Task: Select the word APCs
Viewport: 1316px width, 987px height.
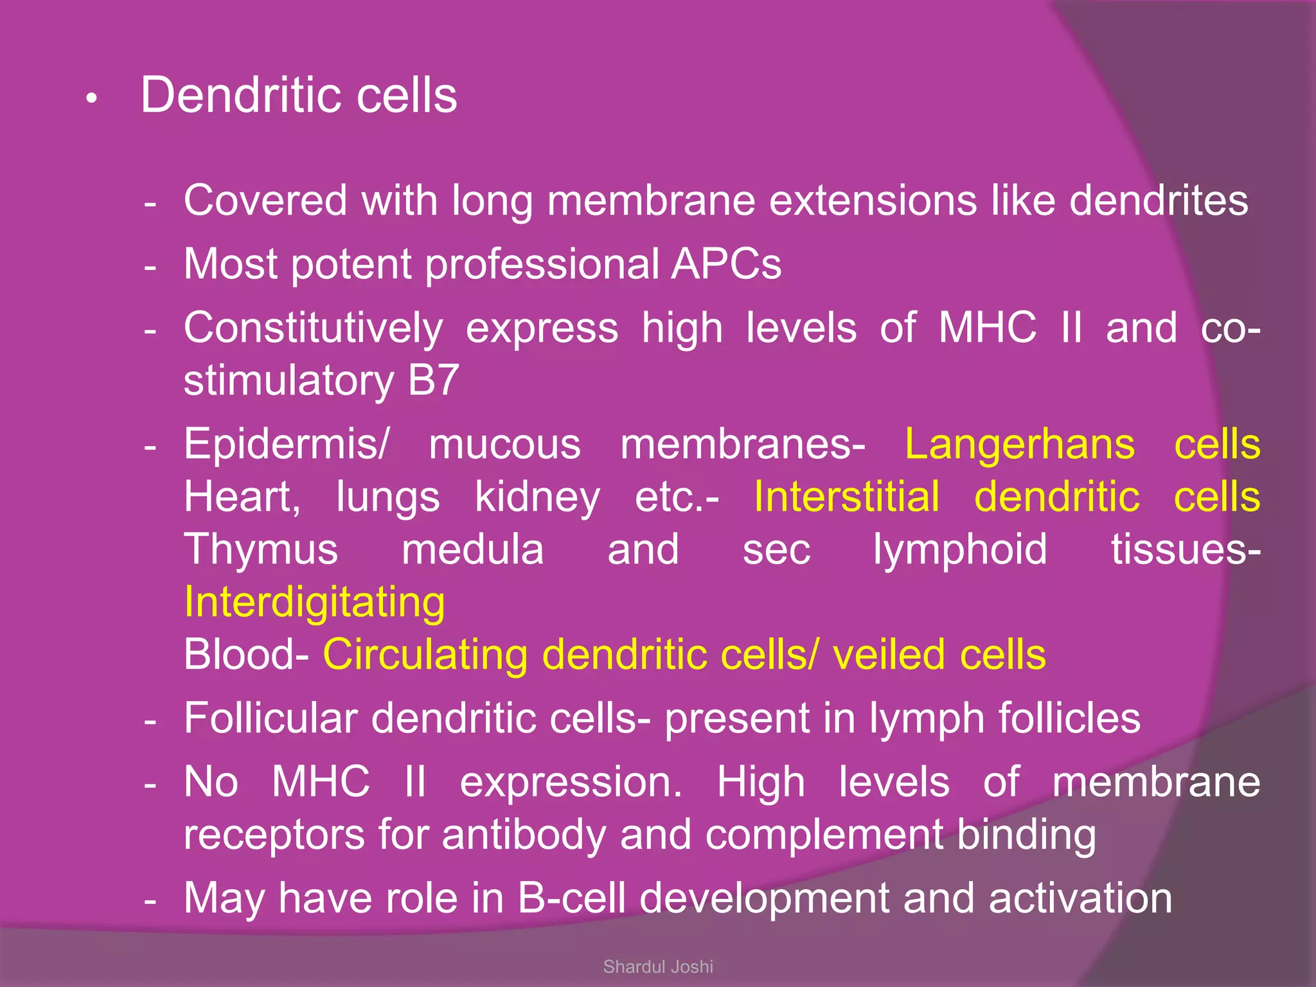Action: pyautogui.click(x=726, y=264)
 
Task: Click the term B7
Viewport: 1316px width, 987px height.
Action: pyautogui.click(x=433, y=380)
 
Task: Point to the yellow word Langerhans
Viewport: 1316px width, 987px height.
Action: pyautogui.click(x=1020, y=445)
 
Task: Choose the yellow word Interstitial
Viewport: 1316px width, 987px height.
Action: pyautogui.click(x=846, y=497)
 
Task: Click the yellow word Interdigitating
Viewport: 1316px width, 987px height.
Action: pyautogui.click(x=314, y=603)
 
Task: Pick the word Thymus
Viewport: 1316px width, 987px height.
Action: pyautogui.click(x=261, y=550)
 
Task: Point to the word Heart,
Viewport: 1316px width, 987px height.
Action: pyautogui.click(x=242, y=497)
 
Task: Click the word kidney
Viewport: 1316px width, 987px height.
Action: pyautogui.click(x=537, y=497)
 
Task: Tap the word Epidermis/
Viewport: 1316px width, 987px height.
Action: pyautogui.click(x=287, y=445)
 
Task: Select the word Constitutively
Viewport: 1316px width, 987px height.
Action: pyautogui.click(x=313, y=328)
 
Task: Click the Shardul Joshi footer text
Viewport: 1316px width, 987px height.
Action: pyautogui.click(x=658, y=966)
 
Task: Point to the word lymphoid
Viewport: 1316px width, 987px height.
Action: pyautogui.click(x=960, y=550)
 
